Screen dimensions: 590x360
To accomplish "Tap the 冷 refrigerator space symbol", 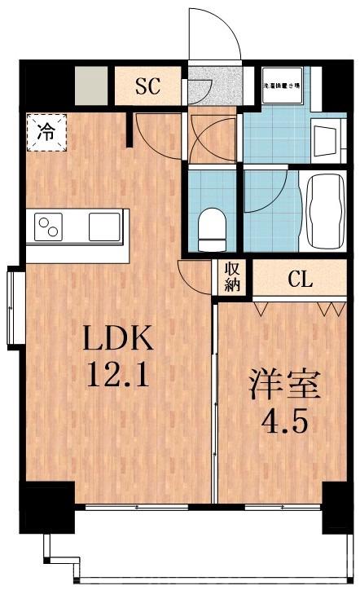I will (x=46, y=132).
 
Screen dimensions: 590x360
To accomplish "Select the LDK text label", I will (x=116, y=337).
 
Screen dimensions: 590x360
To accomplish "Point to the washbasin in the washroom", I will (x=327, y=141).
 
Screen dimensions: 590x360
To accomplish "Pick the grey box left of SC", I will (x=90, y=84).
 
